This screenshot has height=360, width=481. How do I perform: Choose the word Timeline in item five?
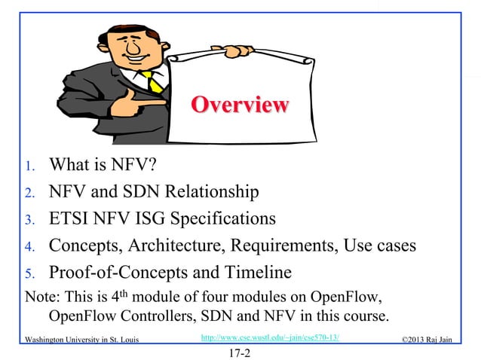click(280, 272)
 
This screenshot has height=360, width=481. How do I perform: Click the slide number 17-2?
click(240, 350)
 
